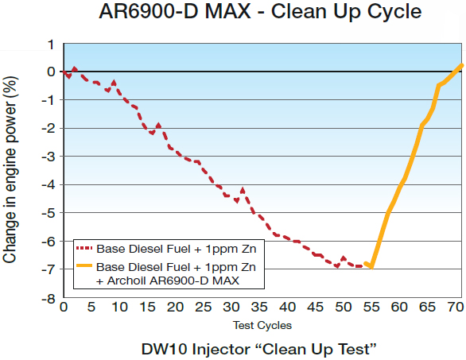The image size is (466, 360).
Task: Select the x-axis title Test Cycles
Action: click(x=262, y=325)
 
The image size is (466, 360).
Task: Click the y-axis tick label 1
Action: click(x=52, y=44)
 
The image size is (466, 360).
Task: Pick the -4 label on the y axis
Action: click(x=49, y=185)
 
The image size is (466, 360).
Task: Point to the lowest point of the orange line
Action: click(x=371, y=268)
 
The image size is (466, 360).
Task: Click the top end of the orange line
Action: click(x=461, y=65)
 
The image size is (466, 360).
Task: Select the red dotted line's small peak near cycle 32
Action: click(x=243, y=189)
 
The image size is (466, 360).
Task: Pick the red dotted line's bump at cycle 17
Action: click(x=158, y=125)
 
